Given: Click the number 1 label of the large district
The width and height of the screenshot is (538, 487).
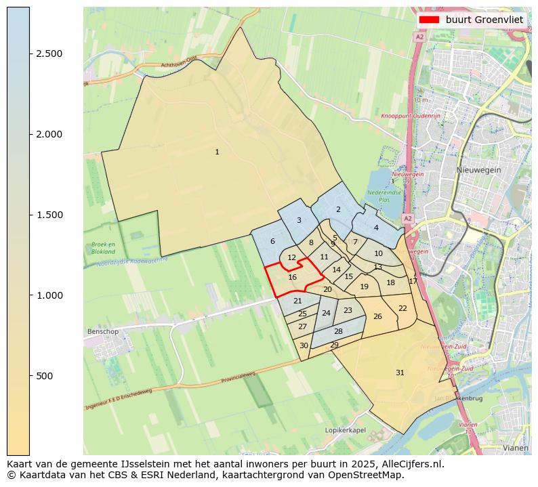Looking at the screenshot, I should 217,152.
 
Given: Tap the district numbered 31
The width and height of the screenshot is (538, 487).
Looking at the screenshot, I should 400,373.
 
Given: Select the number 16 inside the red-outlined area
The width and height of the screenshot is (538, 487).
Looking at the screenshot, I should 292,278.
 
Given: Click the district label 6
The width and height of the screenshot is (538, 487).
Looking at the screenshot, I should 272,242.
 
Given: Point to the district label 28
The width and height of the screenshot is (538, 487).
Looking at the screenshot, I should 338,331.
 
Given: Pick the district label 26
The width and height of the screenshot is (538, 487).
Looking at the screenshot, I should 377,317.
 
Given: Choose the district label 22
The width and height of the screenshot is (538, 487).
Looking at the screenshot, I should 402,308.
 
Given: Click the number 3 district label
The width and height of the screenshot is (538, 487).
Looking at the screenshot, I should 299,221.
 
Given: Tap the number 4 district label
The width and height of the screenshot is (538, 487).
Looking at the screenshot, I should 376,228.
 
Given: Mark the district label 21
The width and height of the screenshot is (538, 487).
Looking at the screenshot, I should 297,301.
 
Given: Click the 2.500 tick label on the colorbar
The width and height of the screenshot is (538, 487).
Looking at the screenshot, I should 49,54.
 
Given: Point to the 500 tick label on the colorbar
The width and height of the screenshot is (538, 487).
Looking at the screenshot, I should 45,376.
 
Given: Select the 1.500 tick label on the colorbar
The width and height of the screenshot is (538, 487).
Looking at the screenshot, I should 49,215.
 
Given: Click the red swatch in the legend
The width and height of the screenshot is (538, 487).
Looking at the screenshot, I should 430,20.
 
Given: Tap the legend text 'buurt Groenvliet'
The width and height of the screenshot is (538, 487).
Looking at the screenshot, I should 484,20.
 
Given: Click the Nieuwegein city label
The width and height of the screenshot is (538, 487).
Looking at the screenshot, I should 478,170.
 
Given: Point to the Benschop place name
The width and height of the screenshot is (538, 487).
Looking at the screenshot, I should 103,332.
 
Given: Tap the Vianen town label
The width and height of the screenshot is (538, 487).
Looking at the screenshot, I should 516,448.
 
